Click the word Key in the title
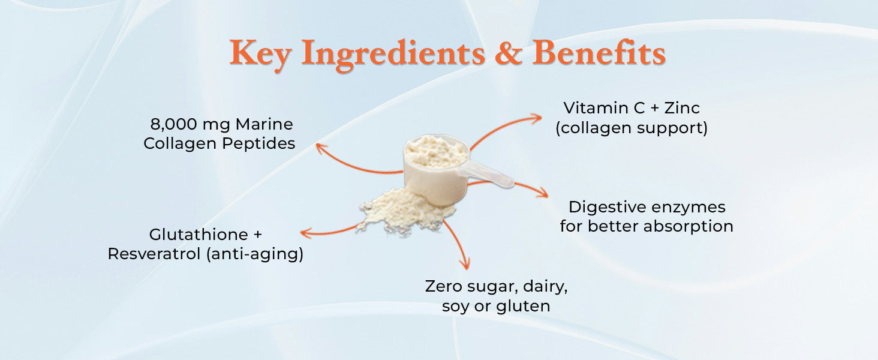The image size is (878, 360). click(260, 54)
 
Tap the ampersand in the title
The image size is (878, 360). click(509, 52)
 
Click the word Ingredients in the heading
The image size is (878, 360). click(393, 55)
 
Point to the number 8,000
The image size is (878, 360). click(174, 125)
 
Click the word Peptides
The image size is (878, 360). click(258, 144)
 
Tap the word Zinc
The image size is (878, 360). click(682, 108)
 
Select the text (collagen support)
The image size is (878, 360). click(632, 128)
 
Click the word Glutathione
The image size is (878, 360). click(199, 235)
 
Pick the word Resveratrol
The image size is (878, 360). click(154, 254)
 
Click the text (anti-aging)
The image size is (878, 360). click(255, 254)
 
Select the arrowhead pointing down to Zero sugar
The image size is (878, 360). click(465, 263)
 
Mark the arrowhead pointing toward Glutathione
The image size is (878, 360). click(306, 233)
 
